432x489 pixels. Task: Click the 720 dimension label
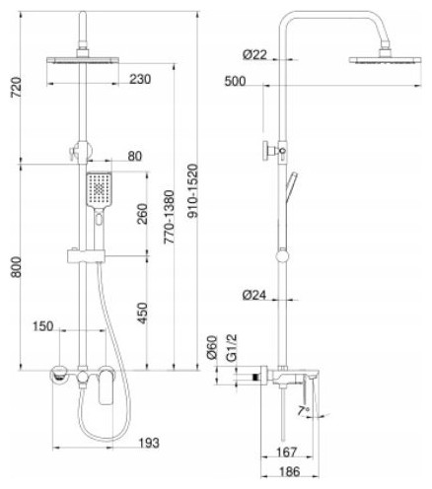(x=17, y=87)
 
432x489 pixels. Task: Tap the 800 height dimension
(x=16, y=267)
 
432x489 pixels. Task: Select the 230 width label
(x=140, y=79)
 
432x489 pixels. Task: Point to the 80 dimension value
(x=135, y=156)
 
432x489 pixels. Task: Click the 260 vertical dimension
(x=142, y=214)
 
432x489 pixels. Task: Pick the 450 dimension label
(x=142, y=313)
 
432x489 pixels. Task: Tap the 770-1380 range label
(x=169, y=217)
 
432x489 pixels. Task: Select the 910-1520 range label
(x=194, y=191)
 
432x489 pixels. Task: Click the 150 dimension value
(x=42, y=326)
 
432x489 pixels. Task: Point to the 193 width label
(x=148, y=443)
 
